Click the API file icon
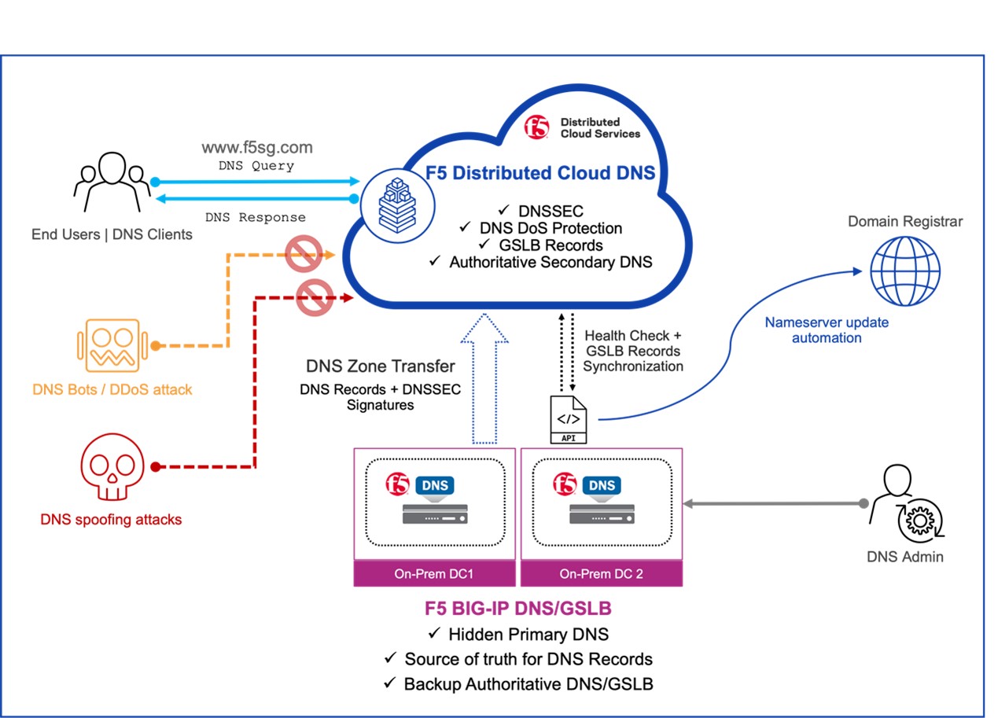(568, 419)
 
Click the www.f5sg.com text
(257, 148)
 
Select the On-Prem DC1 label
(434, 574)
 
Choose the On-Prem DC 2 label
(602, 574)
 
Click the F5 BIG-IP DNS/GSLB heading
(517, 608)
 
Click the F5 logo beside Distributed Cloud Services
(538, 128)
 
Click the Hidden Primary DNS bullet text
(528, 635)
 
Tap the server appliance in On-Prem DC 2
(602, 514)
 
